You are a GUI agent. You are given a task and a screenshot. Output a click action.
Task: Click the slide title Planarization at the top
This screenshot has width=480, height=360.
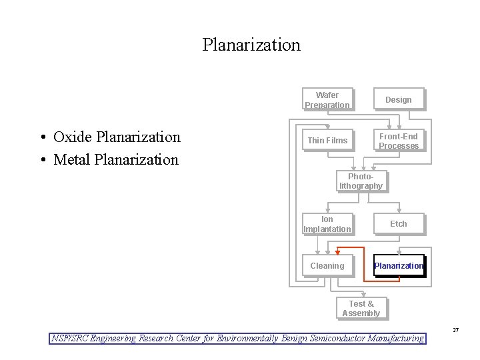pos(251,45)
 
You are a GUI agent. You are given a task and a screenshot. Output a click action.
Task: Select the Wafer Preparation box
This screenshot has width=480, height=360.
pos(327,100)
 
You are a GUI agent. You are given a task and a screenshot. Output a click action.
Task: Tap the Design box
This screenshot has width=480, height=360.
pos(399,100)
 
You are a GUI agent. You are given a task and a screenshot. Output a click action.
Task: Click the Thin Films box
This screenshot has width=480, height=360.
pos(327,141)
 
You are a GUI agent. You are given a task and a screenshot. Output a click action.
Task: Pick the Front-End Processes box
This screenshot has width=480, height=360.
pos(399,141)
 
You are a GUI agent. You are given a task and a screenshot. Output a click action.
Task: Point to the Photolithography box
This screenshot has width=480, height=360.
pos(361,181)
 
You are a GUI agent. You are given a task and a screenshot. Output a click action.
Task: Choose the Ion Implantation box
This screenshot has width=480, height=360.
pos(327,224)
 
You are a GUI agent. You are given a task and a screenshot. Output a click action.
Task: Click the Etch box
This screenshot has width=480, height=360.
pos(399,224)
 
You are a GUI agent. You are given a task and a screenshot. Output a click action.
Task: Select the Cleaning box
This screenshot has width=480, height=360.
pos(327,266)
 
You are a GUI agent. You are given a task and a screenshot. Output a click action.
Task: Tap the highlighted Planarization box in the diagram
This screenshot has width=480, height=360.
pos(399,266)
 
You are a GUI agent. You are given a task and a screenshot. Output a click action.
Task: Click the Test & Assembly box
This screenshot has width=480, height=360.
pos(361,309)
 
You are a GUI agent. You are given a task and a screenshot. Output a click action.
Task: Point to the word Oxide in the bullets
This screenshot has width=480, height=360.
pos(73,137)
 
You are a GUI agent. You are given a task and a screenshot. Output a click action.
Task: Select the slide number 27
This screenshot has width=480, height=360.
pos(456,330)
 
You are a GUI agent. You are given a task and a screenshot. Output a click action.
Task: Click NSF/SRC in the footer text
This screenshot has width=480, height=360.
pos(69,338)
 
